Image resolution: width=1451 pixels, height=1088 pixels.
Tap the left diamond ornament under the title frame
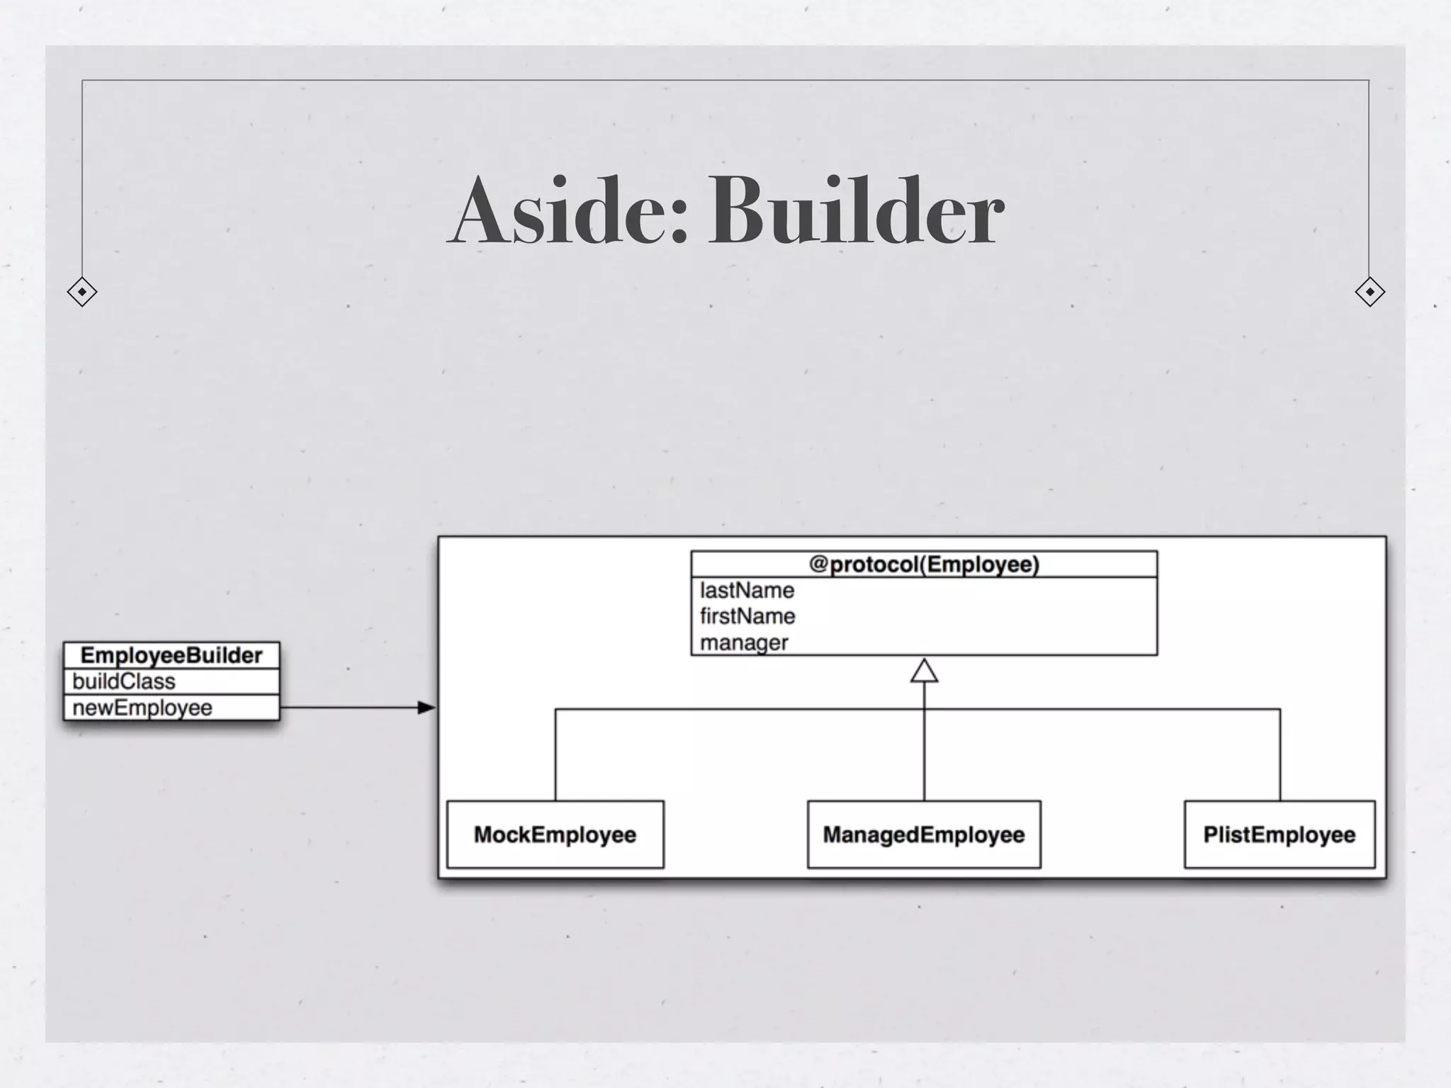82,292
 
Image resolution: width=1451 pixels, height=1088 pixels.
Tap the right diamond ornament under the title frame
1370,292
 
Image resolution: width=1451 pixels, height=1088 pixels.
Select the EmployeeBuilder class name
171,655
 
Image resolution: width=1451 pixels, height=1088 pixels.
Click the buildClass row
124,681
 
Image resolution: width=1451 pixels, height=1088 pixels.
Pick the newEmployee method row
142,708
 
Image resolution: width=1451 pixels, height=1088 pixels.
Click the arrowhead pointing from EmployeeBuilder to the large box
427,708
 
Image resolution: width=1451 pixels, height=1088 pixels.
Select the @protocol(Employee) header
924,565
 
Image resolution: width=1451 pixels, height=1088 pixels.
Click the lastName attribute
747,590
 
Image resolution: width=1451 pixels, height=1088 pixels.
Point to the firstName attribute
747,616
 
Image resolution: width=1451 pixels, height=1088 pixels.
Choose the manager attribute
744,642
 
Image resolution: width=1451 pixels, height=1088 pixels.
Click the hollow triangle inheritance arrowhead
924,671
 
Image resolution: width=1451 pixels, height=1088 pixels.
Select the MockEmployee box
555,834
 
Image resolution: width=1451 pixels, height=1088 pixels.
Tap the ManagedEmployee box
924,834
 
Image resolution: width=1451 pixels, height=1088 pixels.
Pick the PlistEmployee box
1280,834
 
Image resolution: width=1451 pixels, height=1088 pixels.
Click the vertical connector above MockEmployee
555,755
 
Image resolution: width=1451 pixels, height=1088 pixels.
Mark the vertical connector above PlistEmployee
1280,755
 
